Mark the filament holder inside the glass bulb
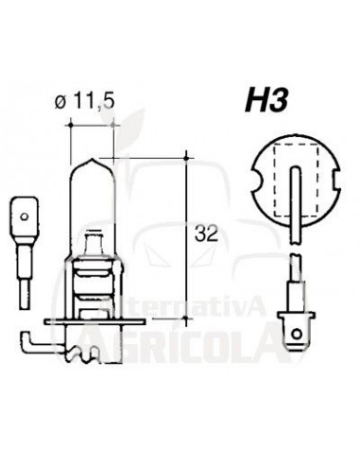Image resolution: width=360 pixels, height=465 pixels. coord(94,247)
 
